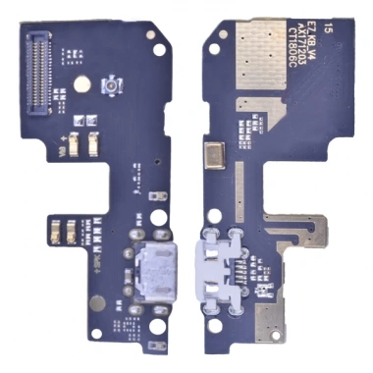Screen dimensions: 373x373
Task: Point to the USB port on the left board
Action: pyautogui.click(x=152, y=267)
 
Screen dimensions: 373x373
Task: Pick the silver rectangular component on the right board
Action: pyautogui.click(x=215, y=153)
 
